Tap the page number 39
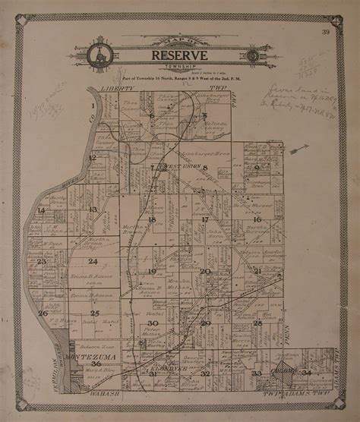pyautogui.click(x=325, y=32)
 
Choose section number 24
pyautogui.click(x=93, y=261)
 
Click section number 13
pyautogui.click(x=93, y=209)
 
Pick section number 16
pyautogui.click(x=257, y=219)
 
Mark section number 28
pyautogui.click(x=257, y=323)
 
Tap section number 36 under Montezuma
pyautogui.click(x=95, y=364)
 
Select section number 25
pyautogui.click(x=95, y=313)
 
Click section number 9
pyautogui.click(x=257, y=168)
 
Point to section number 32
pyautogui.click(x=205, y=373)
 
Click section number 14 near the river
pyautogui.click(x=42, y=210)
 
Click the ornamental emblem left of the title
pyautogui.click(x=98, y=55)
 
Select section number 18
pyautogui.click(x=152, y=219)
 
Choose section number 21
pyautogui.click(x=257, y=271)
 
